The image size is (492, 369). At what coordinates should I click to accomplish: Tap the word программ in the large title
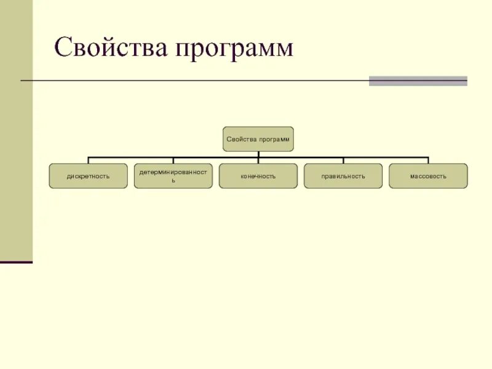coord(233,49)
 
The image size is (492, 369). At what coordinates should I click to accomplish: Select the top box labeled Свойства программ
coord(258,139)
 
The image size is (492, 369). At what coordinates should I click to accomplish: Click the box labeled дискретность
coord(88,176)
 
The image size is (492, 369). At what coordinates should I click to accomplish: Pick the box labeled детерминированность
coord(173,176)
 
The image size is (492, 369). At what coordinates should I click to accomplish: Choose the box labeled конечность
coord(258,176)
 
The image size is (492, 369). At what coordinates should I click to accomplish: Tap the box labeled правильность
coord(343,176)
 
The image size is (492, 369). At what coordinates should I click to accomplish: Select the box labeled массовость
coord(428,176)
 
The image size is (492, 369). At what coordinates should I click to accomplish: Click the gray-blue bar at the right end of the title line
coord(418,81)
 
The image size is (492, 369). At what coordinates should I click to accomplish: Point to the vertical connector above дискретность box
coord(88,160)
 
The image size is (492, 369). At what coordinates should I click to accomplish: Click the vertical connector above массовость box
coord(428,160)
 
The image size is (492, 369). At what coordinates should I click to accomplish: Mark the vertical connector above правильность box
coord(343,160)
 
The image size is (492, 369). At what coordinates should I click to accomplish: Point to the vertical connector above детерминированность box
coord(173,160)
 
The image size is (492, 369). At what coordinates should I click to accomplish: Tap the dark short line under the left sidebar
coord(16,263)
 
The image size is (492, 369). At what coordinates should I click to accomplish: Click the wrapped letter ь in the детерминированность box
coord(173,181)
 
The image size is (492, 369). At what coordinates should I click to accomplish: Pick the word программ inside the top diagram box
coord(274,140)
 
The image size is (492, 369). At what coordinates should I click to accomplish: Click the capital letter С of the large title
coord(63,47)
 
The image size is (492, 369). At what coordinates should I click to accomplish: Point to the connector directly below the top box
coord(258,154)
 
